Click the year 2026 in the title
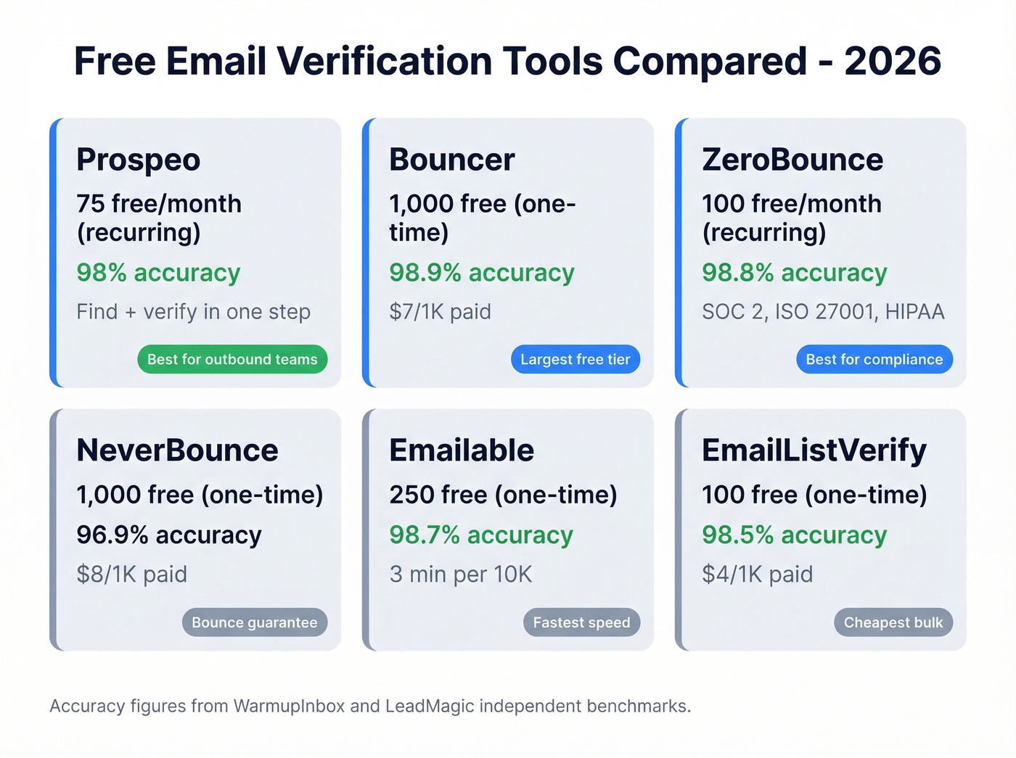[x=893, y=61]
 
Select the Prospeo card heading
[x=138, y=160]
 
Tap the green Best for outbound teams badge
[x=232, y=359]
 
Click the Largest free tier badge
[x=575, y=359]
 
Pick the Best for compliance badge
[x=874, y=359]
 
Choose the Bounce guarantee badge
[x=254, y=622]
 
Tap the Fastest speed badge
[x=581, y=622]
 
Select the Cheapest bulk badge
[x=893, y=622]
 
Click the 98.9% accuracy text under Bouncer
[x=482, y=273]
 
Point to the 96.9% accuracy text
[x=169, y=535]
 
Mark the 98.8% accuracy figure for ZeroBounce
[x=795, y=273]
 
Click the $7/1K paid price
[x=440, y=312]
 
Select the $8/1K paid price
[x=131, y=574]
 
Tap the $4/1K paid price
[x=757, y=574]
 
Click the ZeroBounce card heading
[x=792, y=160]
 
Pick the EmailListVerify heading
[x=814, y=450]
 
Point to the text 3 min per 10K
[x=461, y=574]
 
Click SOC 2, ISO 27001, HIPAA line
[x=823, y=312]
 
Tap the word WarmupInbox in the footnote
[x=289, y=706]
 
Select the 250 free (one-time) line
[x=503, y=495]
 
